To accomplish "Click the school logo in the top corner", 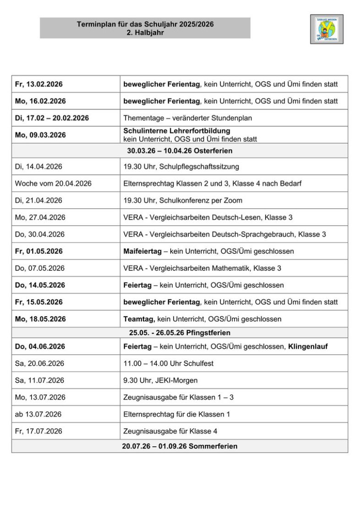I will click(326, 29).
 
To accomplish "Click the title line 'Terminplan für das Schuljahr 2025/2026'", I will click(145, 24).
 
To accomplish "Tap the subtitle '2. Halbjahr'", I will click(145, 32).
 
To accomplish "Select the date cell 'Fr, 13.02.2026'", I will click(39, 84).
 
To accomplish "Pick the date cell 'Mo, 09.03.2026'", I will click(40, 135).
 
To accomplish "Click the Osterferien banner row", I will click(180, 151).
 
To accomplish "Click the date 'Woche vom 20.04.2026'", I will click(53, 184).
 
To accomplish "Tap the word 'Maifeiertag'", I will click(142, 251).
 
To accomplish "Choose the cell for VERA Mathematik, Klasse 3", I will click(202, 268).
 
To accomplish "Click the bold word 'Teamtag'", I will click(139, 319).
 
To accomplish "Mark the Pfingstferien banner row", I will click(180, 333).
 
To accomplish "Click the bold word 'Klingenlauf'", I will click(308, 347).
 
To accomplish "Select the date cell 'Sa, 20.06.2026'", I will click(39, 363).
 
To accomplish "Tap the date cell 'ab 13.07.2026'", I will click(38, 414).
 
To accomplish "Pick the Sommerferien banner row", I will click(180, 446).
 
